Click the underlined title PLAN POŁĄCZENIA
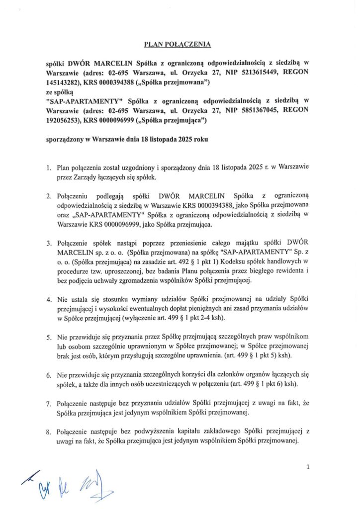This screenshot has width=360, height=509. (178, 44)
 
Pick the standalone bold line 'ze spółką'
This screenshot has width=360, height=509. (59, 91)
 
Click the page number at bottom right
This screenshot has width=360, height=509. (309, 467)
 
